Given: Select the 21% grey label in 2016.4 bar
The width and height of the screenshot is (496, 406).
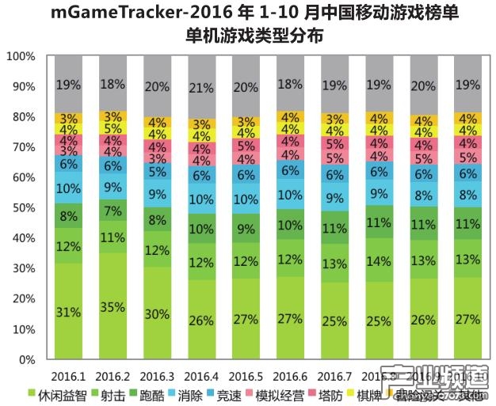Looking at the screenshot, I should [202, 86].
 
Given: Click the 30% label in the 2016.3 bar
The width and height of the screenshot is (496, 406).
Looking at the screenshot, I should [157, 314].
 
